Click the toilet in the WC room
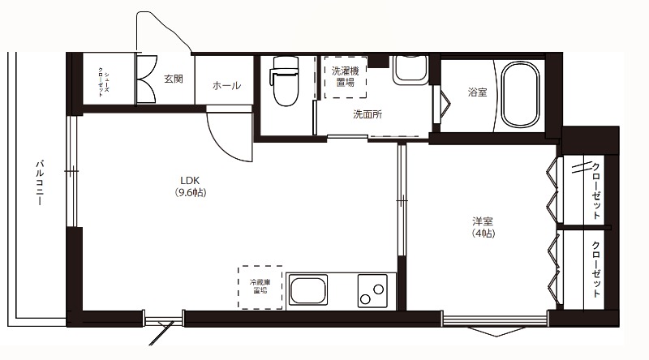pyautogui.click(x=285, y=81)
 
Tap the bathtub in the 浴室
pyautogui.click(x=520, y=95)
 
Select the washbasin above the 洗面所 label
pyautogui.click(x=410, y=70)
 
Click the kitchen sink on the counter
pyautogui.click(x=307, y=290)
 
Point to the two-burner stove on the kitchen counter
pyautogui.click(x=372, y=291)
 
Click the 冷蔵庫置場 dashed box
pyautogui.click(x=260, y=288)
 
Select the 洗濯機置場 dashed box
pyautogui.click(x=346, y=77)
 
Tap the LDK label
pyautogui.click(x=190, y=181)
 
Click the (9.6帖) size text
pyautogui.click(x=190, y=192)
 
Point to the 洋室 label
pyautogui.click(x=483, y=222)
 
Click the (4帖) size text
pyautogui.click(x=483, y=234)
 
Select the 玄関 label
pyautogui.click(x=174, y=79)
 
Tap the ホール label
pyautogui.click(x=226, y=86)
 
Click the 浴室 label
pyautogui.click(x=477, y=92)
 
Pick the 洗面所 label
pyautogui.click(x=367, y=114)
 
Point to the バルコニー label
pyautogui.click(x=39, y=182)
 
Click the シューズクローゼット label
pyautogui.click(x=104, y=82)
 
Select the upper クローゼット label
pyautogui.click(x=596, y=191)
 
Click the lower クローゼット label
pyautogui.click(x=596, y=269)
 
